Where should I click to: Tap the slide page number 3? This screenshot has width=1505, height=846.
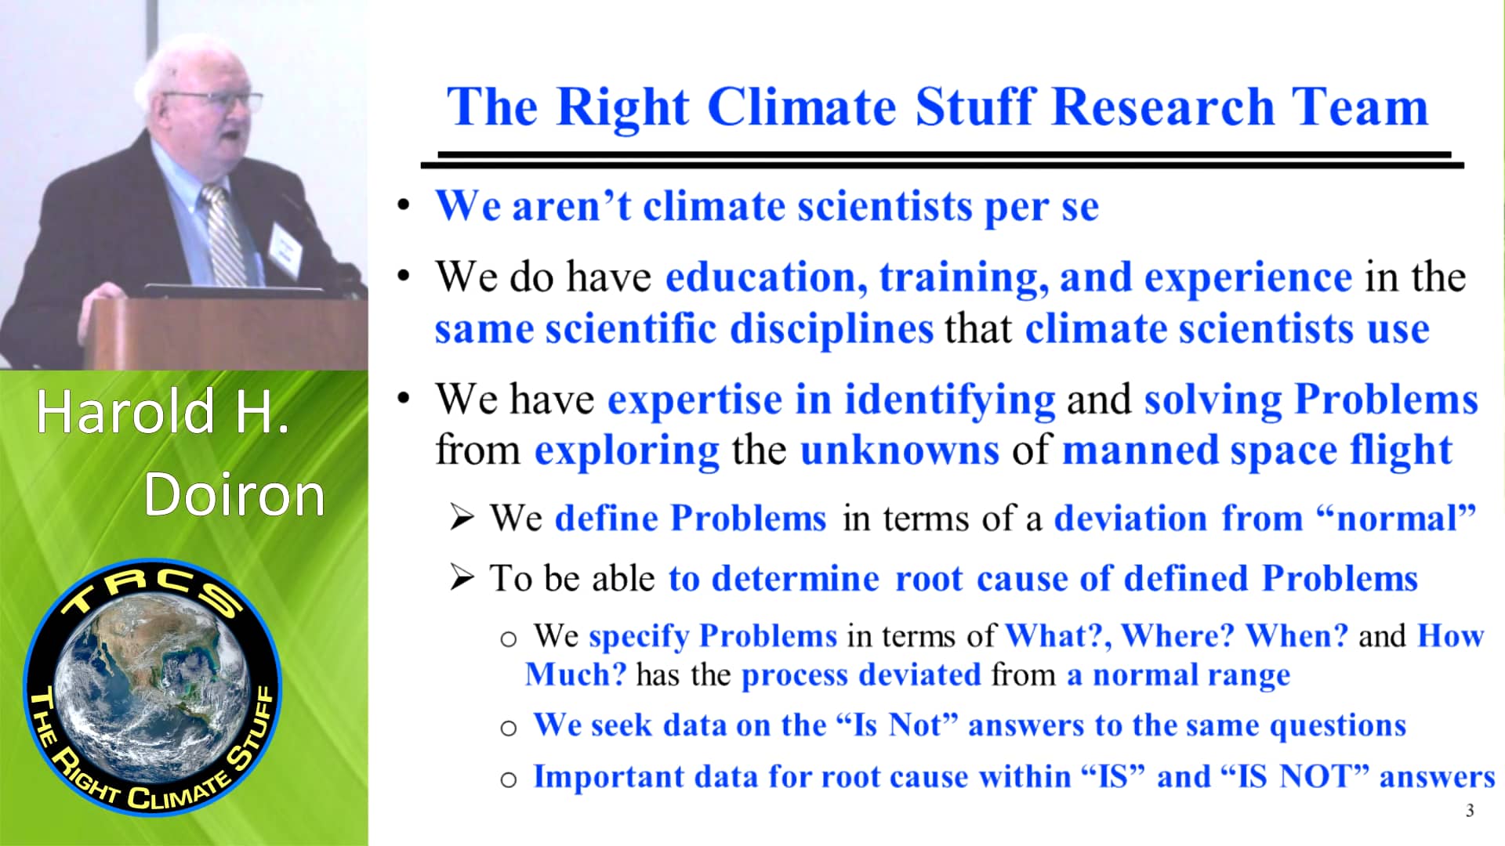coord(1470,811)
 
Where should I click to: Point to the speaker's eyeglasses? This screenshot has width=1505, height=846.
coord(216,100)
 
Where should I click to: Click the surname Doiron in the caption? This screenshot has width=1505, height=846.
coord(234,495)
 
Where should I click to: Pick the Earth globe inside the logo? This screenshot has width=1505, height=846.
coord(153,689)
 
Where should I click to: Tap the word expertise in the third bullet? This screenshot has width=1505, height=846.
coord(694,399)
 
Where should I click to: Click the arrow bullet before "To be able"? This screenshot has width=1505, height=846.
coord(462,578)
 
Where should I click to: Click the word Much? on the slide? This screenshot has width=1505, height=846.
coord(575,674)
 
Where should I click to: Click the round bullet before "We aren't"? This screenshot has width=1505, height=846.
coord(404,206)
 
